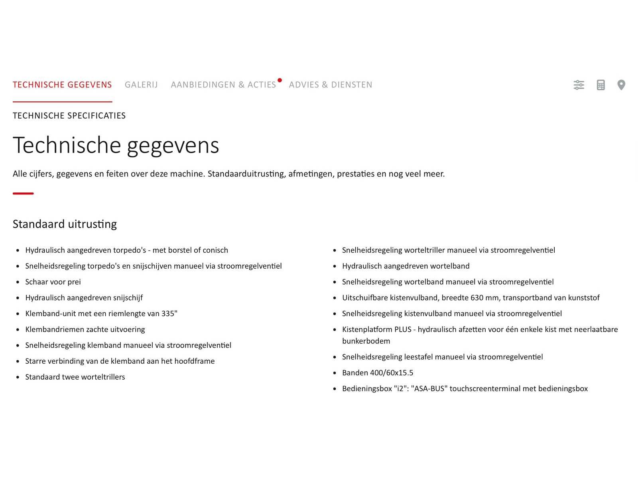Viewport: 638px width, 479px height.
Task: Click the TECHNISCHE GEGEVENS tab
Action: [62, 85]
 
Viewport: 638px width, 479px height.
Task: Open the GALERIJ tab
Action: [141, 85]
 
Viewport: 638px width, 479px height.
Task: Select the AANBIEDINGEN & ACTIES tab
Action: [223, 85]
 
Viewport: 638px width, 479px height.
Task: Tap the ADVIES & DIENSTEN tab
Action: [331, 85]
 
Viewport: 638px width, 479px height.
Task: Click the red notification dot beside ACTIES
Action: [280, 80]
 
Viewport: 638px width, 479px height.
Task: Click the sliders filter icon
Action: [579, 85]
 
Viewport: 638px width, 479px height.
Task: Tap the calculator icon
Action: [601, 85]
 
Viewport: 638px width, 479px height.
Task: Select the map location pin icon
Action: [621, 85]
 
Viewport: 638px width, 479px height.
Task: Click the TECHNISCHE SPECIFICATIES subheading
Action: [69, 116]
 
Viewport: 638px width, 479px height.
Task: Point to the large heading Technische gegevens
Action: [116, 145]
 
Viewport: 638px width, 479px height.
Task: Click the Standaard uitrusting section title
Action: [65, 224]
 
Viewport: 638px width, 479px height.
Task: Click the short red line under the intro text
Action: [23, 194]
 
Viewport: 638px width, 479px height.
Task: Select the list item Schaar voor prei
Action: [53, 282]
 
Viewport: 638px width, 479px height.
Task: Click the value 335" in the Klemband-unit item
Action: [169, 314]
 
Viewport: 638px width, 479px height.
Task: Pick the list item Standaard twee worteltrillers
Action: [75, 377]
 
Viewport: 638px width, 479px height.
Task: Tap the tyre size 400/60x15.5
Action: [392, 373]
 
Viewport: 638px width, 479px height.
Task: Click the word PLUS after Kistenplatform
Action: [403, 329]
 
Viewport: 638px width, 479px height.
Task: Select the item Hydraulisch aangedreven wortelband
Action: [406, 266]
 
